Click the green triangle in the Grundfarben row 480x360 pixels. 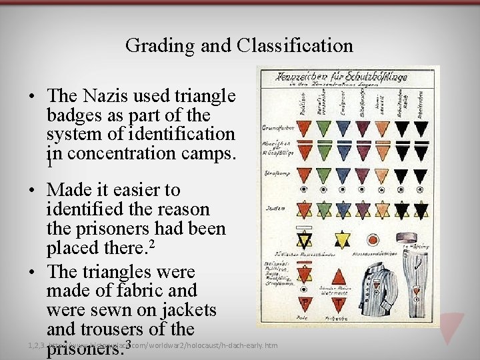[323, 127]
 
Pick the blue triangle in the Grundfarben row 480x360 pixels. [343, 127]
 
